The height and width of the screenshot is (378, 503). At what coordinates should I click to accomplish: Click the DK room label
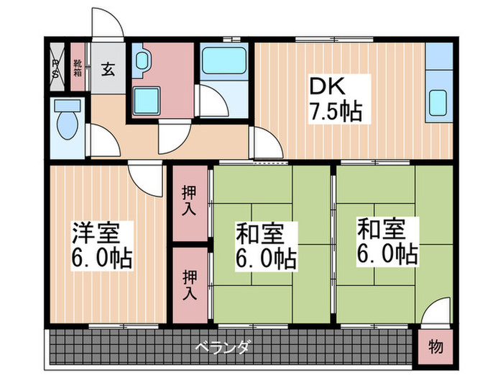[x=327, y=87]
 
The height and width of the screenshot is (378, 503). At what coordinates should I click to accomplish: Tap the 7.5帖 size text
[x=336, y=112]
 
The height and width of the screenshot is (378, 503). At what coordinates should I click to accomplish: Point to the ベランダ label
[x=222, y=348]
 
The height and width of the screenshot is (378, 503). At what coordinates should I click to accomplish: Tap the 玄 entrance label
[x=108, y=69]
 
